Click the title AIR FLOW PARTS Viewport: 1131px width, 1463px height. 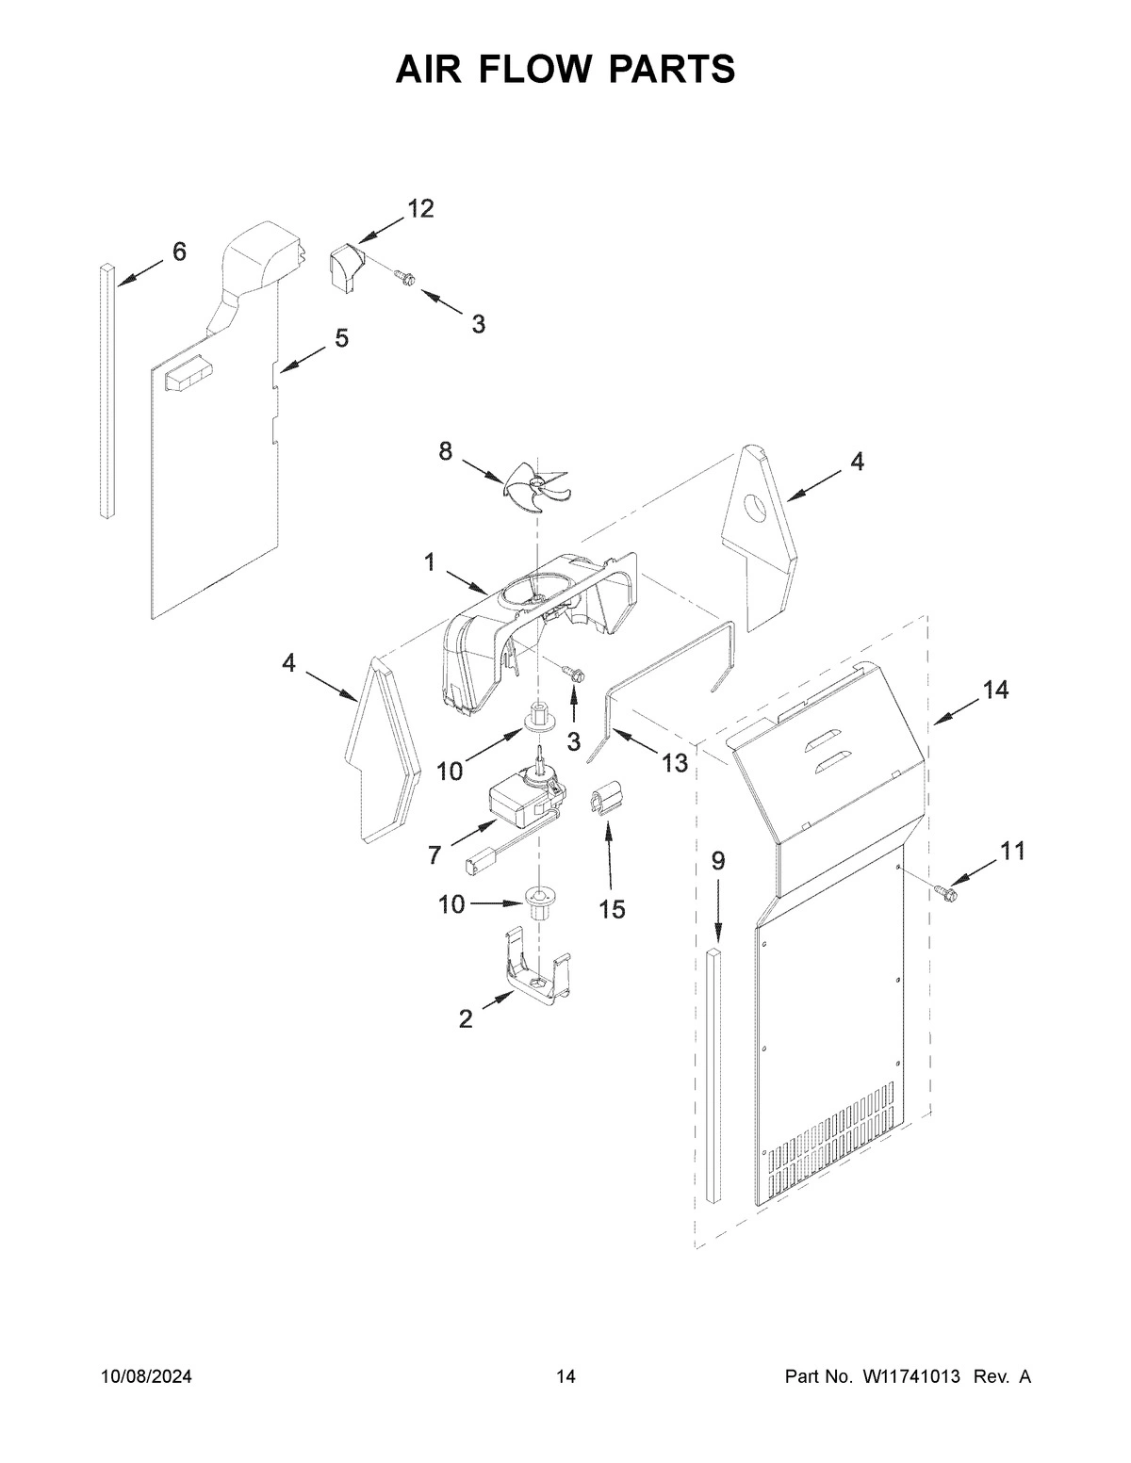[x=565, y=69]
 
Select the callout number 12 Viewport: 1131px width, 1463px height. [x=420, y=209]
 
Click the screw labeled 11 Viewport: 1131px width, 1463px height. [x=945, y=887]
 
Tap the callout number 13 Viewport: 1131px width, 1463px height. [x=674, y=763]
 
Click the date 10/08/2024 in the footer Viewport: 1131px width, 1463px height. [x=146, y=1377]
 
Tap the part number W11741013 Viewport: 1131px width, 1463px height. [x=909, y=1377]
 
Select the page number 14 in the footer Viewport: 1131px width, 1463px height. [x=565, y=1377]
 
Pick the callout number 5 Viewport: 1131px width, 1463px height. [x=341, y=337]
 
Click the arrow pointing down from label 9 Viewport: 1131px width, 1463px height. [x=717, y=910]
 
